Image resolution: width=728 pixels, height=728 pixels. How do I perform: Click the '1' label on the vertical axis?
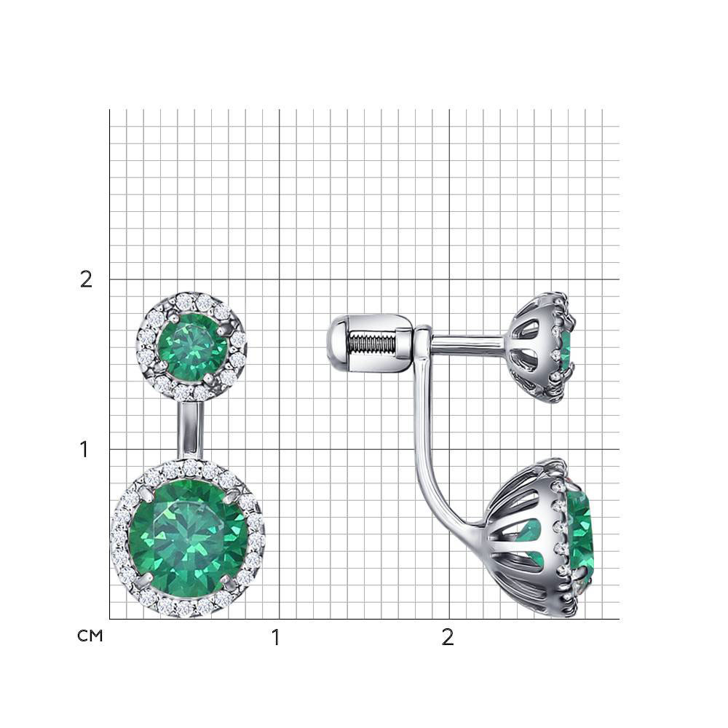tap(84, 449)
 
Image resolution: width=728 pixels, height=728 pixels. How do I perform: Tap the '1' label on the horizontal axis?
tap(276, 638)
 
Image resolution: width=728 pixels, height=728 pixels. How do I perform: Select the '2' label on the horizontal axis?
tap(448, 638)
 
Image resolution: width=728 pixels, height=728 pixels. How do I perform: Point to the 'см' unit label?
tap(90, 636)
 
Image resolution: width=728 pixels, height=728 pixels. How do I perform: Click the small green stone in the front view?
tap(193, 346)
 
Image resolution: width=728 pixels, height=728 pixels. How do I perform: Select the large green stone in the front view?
tap(187, 539)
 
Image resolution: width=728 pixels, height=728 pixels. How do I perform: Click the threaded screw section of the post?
tap(371, 344)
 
